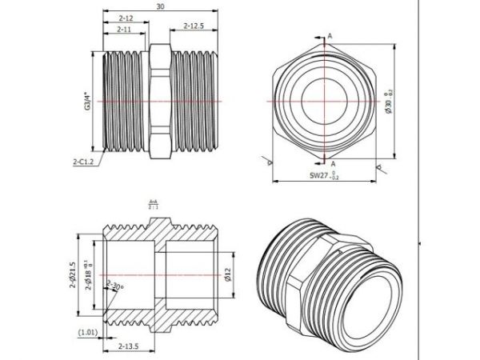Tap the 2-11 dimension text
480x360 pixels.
pyautogui.click(x=124, y=29)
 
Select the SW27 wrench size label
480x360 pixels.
pyautogui.click(x=323, y=174)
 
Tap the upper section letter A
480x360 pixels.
pyautogui.click(x=330, y=36)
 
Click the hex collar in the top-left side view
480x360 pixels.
pyautogui.click(x=159, y=99)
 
